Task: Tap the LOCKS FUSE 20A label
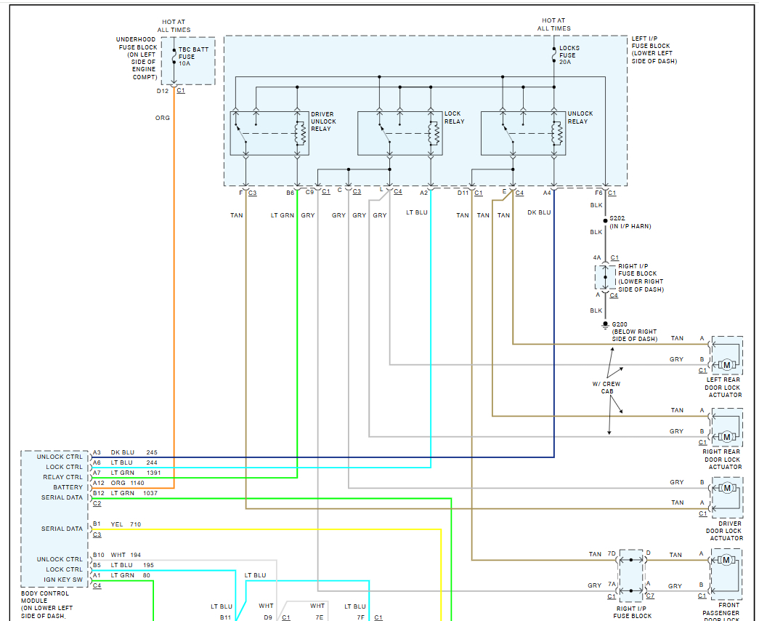(x=569, y=55)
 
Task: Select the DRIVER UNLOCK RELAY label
(x=324, y=121)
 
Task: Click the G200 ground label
(x=621, y=324)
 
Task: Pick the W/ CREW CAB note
(x=606, y=388)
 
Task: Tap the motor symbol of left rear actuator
(x=726, y=365)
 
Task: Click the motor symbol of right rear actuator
(x=726, y=436)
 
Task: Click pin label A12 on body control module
(x=98, y=483)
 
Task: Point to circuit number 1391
(x=154, y=473)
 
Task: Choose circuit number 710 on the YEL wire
(x=136, y=524)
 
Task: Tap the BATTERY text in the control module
(x=68, y=487)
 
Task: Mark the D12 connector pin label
(x=162, y=91)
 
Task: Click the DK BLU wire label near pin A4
(x=539, y=213)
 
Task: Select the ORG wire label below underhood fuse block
(x=163, y=118)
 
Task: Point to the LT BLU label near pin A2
(x=417, y=213)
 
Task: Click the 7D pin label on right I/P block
(x=612, y=555)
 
